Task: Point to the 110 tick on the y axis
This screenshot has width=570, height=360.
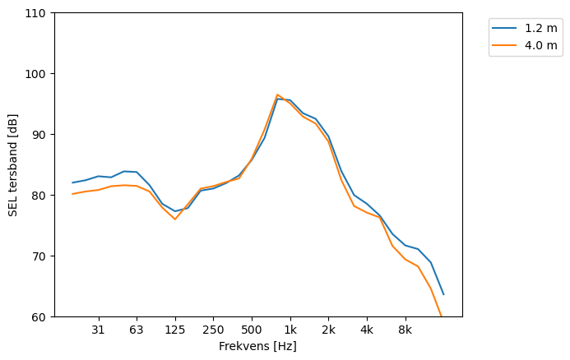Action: point(38,13)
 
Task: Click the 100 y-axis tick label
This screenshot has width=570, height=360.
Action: point(38,74)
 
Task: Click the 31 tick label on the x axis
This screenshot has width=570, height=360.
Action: point(98,330)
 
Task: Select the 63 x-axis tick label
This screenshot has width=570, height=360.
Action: point(137,330)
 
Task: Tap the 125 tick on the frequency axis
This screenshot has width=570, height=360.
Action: point(174,330)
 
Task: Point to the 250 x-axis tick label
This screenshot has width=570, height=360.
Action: point(213,330)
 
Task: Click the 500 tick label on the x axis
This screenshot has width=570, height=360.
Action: point(252,330)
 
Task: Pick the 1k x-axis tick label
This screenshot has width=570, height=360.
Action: point(290,330)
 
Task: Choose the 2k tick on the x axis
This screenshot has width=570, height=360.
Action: point(328,330)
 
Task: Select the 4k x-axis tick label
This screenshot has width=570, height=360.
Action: point(367,330)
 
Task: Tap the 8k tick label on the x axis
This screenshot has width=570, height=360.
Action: point(405,330)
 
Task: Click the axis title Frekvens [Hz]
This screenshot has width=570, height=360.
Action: point(257,346)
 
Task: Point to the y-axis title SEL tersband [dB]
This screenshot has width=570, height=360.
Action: point(12,165)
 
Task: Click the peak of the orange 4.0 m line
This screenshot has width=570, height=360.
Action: point(278,95)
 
